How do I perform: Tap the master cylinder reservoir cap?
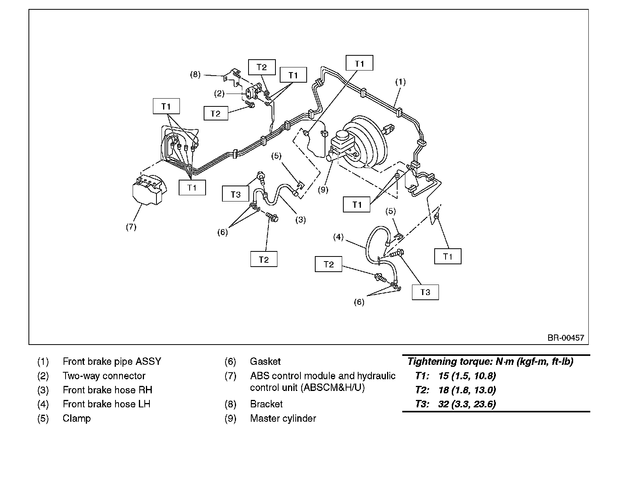341,135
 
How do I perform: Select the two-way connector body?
252,91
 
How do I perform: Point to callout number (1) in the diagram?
401,82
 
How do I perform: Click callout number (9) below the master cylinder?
323,190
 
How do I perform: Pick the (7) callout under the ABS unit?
131,226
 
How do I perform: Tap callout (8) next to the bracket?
195,74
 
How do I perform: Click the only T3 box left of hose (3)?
235,195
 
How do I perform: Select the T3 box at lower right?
425,292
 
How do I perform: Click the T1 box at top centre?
359,63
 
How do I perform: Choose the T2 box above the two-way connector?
262,67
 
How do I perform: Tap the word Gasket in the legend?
265,361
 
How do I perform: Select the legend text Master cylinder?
283,418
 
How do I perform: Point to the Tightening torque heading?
490,361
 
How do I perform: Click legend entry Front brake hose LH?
106,404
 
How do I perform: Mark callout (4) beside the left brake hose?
338,237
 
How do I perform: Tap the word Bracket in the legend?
266,404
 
